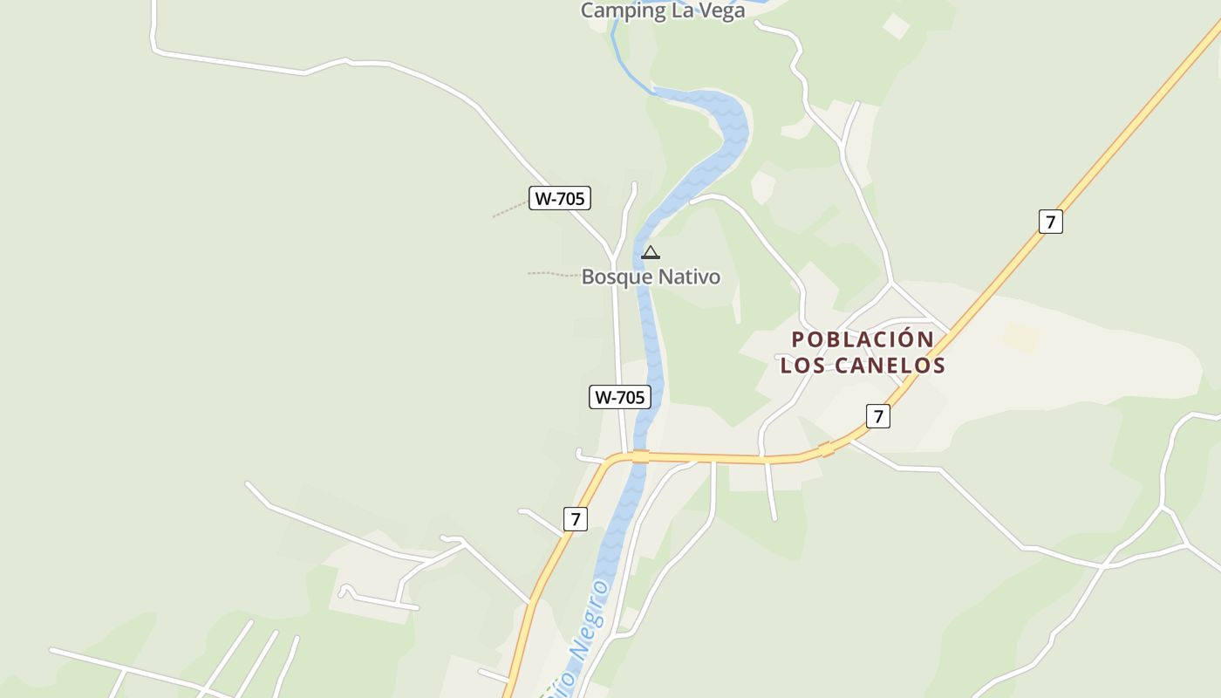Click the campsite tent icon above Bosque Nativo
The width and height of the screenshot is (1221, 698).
click(x=650, y=253)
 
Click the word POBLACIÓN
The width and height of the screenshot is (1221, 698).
click(x=850, y=339)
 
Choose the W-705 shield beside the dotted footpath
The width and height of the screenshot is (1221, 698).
click(x=559, y=198)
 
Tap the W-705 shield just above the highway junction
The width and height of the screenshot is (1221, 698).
click(x=619, y=397)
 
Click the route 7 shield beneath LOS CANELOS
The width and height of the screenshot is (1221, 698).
click(x=878, y=416)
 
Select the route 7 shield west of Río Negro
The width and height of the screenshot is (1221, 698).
click(x=575, y=519)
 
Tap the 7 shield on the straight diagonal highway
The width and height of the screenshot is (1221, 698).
click(x=1051, y=222)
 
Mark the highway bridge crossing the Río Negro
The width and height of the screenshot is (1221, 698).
click(x=641, y=456)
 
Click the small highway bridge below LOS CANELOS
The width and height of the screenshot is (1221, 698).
click(x=827, y=449)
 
